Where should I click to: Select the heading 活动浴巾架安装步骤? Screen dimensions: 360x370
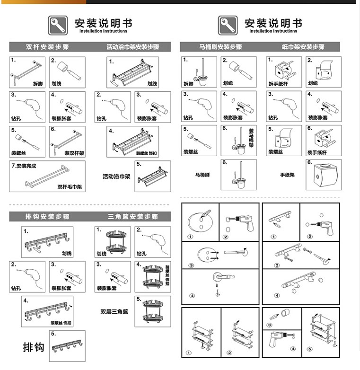click(132, 47)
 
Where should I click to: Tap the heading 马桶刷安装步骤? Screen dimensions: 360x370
click(220, 47)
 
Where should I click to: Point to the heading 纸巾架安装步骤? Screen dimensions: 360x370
click(303, 47)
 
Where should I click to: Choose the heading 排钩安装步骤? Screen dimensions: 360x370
click(47, 217)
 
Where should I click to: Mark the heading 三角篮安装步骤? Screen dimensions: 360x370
click(132, 217)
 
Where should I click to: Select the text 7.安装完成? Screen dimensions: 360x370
click(23, 166)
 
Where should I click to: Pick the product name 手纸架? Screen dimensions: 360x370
click(287, 175)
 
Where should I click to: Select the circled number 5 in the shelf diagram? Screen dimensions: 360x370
click(311, 351)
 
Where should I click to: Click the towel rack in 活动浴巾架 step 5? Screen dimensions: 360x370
click(152, 176)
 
